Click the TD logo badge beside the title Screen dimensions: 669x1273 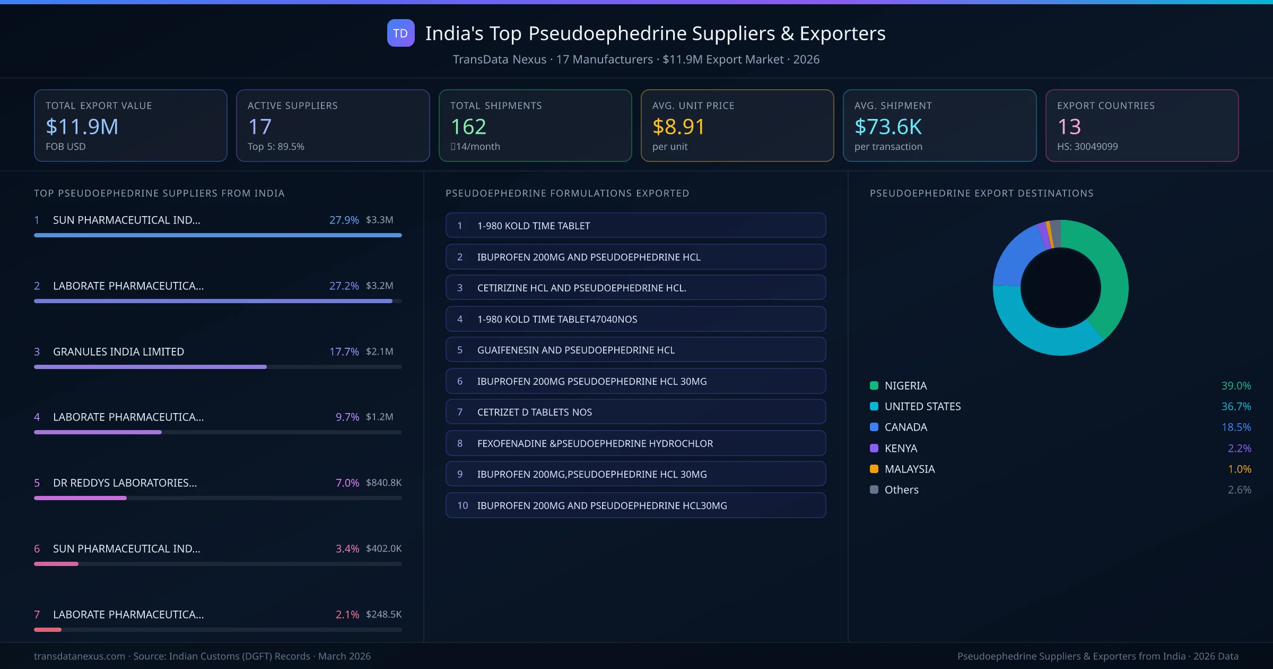(x=400, y=33)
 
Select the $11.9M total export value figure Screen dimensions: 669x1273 (x=82, y=127)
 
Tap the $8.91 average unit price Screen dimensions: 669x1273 (x=678, y=127)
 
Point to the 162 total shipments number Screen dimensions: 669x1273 (x=468, y=127)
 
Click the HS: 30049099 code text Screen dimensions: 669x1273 (x=1087, y=147)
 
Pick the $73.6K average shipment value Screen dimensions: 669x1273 (x=888, y=127)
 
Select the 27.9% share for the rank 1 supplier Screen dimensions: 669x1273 (x=344, y=220)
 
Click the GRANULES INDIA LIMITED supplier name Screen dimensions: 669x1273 (x=118, y=351)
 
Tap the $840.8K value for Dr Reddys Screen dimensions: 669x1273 (x=383, y=483)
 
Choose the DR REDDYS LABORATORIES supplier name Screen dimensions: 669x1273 (x=125, y=483)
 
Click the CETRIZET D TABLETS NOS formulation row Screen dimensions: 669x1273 (x=635, y=412)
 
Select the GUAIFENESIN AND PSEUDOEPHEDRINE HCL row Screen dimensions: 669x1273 (x=635, y=350)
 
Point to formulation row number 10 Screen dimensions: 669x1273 (x=635, y=505)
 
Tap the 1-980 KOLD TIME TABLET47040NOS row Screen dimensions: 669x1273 (x=635, y=319)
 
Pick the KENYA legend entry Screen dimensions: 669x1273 (x=901, y=448)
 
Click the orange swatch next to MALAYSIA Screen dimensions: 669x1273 (x=874, y=469)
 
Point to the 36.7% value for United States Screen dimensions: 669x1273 (x=1236, y=406)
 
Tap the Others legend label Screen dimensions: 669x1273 (x=901, y=490)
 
